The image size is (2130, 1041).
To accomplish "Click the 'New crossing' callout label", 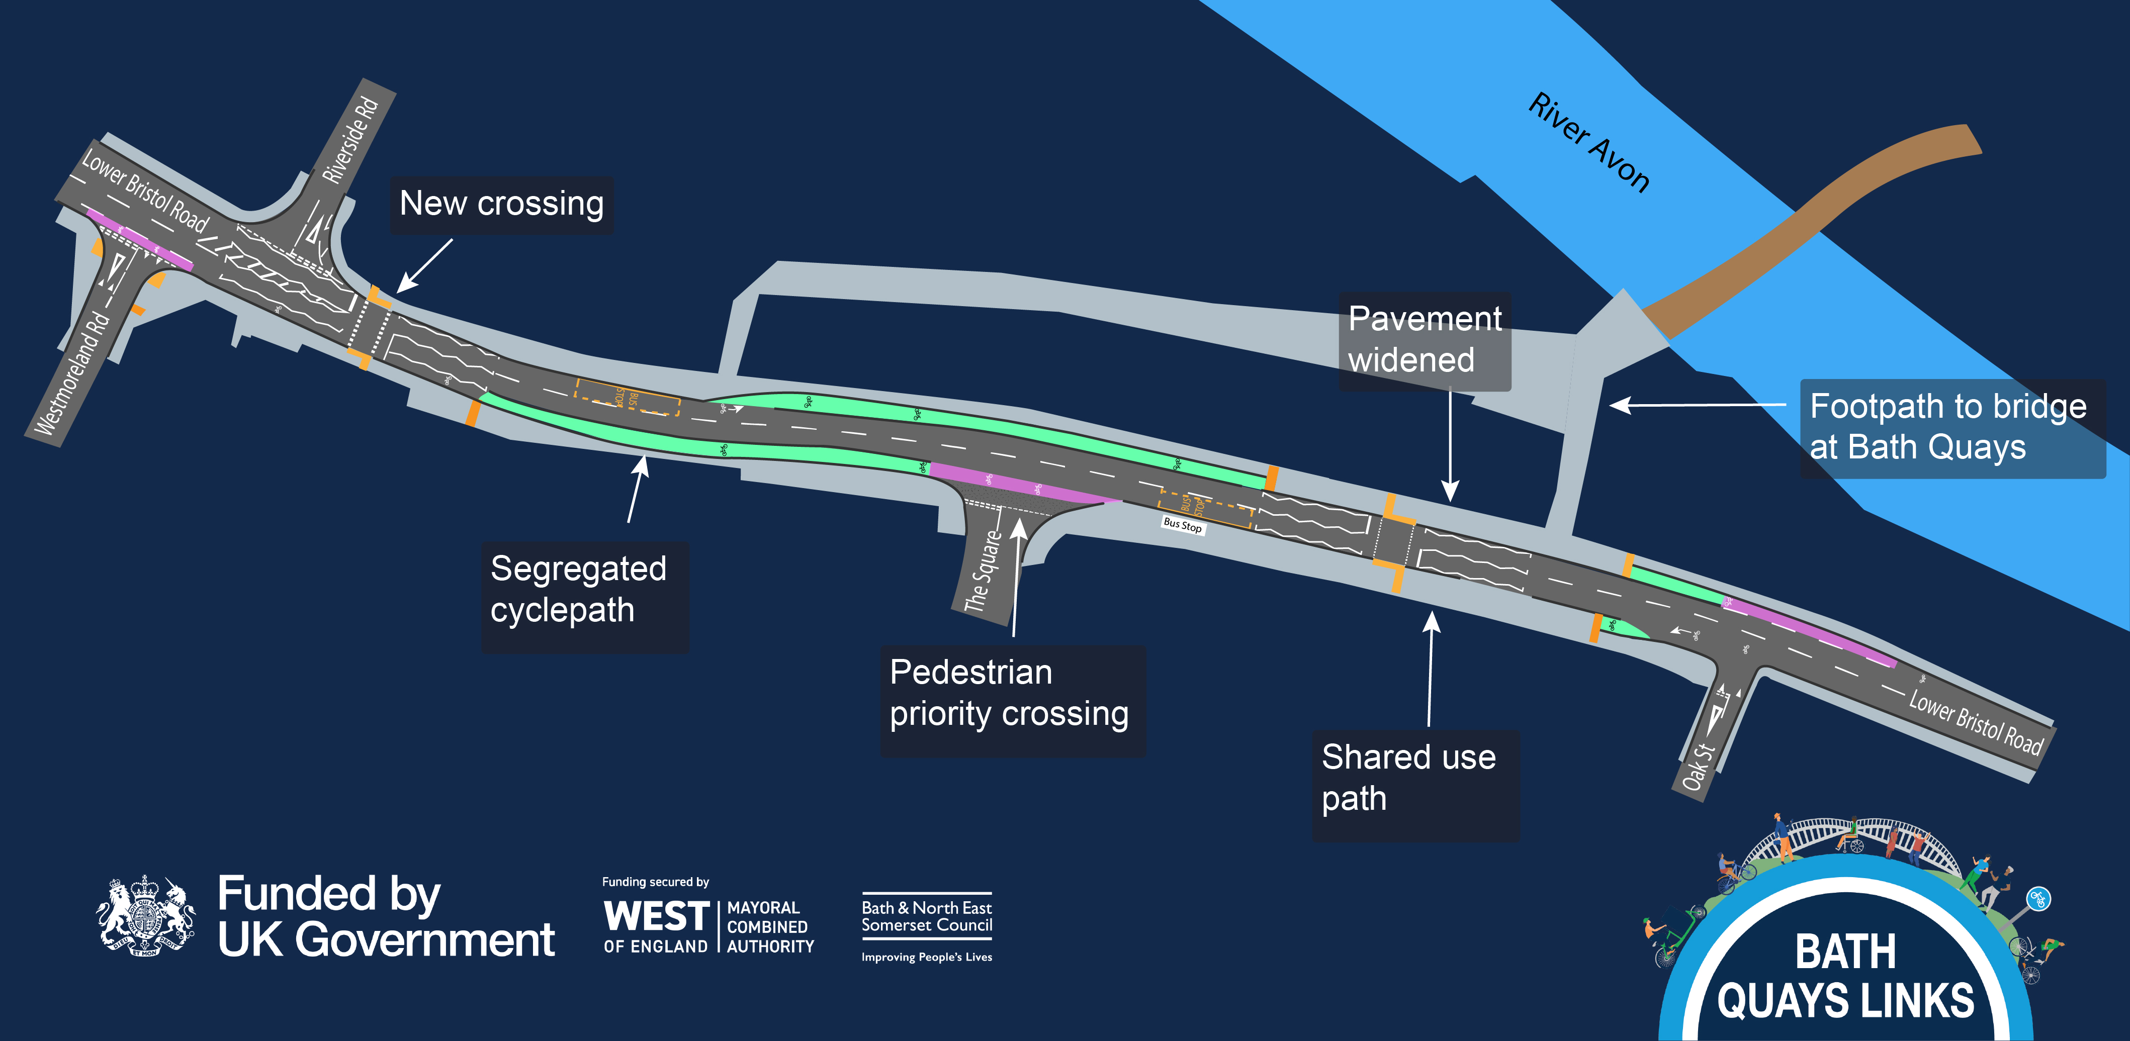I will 501,204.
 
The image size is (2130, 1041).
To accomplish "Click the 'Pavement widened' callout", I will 1424,340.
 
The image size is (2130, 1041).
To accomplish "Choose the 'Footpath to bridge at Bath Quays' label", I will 1951,427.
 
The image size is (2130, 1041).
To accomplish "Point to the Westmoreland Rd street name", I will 73,374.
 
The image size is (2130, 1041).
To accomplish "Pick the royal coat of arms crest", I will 145,917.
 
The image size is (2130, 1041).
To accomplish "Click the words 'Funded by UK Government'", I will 385,917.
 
